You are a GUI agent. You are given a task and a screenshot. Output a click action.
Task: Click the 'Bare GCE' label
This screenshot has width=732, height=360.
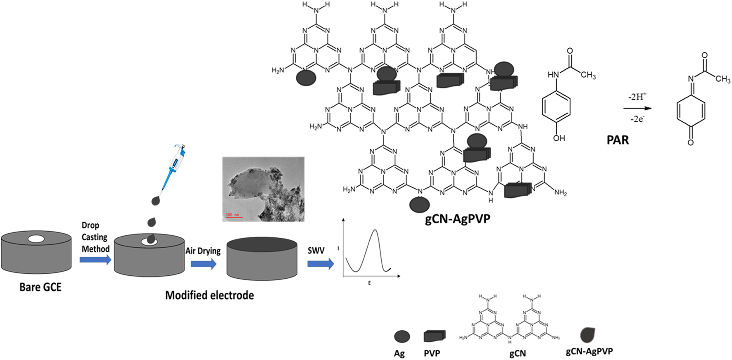click(x=40, y=287)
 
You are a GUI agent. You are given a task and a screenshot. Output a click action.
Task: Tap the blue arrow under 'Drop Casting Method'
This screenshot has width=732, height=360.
click(x=95, y=260)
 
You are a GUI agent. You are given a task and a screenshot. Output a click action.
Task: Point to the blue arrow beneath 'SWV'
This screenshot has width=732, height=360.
click(x=320, y=264)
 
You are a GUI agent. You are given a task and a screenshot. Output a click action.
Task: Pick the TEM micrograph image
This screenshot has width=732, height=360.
click(x=263, y=189)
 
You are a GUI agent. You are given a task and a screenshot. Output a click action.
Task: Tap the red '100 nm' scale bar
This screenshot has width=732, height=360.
click(x=233, y=216)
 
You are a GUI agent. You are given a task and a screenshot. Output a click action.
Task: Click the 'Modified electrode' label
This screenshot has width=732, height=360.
click(x=209, y=296)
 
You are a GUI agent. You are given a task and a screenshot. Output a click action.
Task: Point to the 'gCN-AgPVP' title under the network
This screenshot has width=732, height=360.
click(x=457, y=218)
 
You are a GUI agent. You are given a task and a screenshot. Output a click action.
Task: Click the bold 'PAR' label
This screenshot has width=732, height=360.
click(x=618, y=140)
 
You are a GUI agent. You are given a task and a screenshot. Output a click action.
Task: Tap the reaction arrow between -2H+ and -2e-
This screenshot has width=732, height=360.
click(x=637, y=109)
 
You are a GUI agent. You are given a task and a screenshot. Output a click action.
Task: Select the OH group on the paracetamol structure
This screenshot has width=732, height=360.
click(x=559, y=138)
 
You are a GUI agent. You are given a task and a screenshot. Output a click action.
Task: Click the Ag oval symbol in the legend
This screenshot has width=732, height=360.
click(x=402, y=336)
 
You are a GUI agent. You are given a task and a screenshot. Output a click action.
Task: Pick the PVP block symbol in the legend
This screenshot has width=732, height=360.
click(x=434, y=336)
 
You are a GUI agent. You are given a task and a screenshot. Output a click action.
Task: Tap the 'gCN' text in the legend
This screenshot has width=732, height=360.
click(x=517, y=353)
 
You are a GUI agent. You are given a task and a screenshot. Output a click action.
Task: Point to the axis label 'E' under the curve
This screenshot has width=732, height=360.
click(x=369, y=283)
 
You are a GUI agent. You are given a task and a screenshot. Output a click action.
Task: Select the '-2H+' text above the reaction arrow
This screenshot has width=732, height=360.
click(x=637, y=97)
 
